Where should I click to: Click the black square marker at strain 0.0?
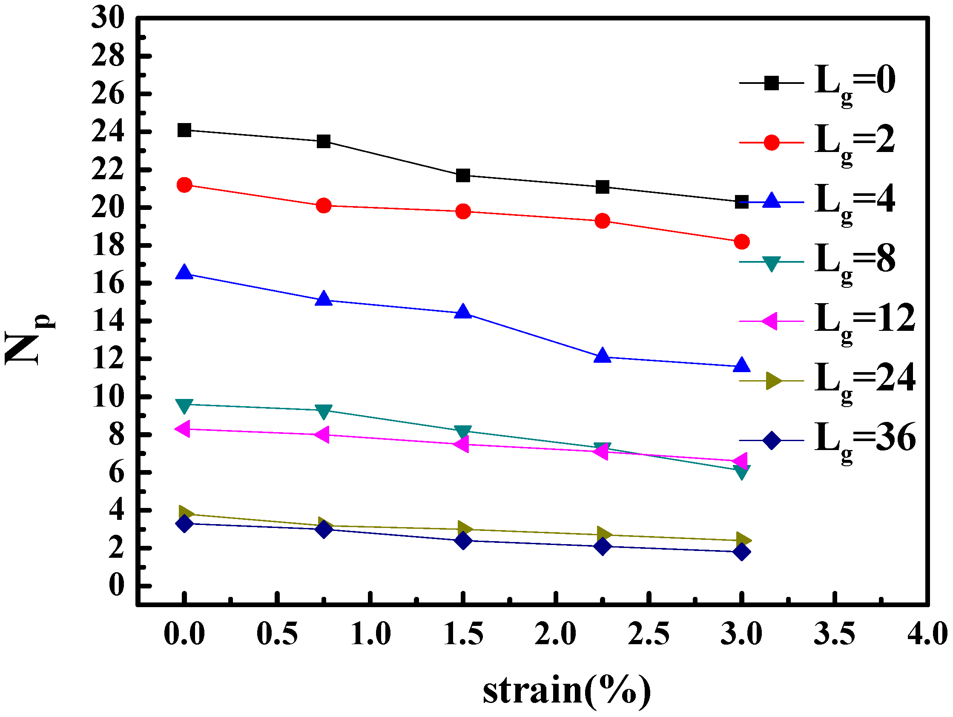click(184, 130)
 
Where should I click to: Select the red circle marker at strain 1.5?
click(463, 212)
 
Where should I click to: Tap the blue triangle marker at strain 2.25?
click(602, 356)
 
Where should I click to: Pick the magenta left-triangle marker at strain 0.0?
click(184, 429)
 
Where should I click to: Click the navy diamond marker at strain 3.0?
click(741, 551)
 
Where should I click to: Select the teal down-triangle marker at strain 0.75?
click(324, 411)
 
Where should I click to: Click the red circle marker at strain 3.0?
click(741, 242)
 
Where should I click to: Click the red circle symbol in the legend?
click(771, 142)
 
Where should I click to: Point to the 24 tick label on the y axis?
click(108, 132)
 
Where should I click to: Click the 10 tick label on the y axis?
click(108, 397)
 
